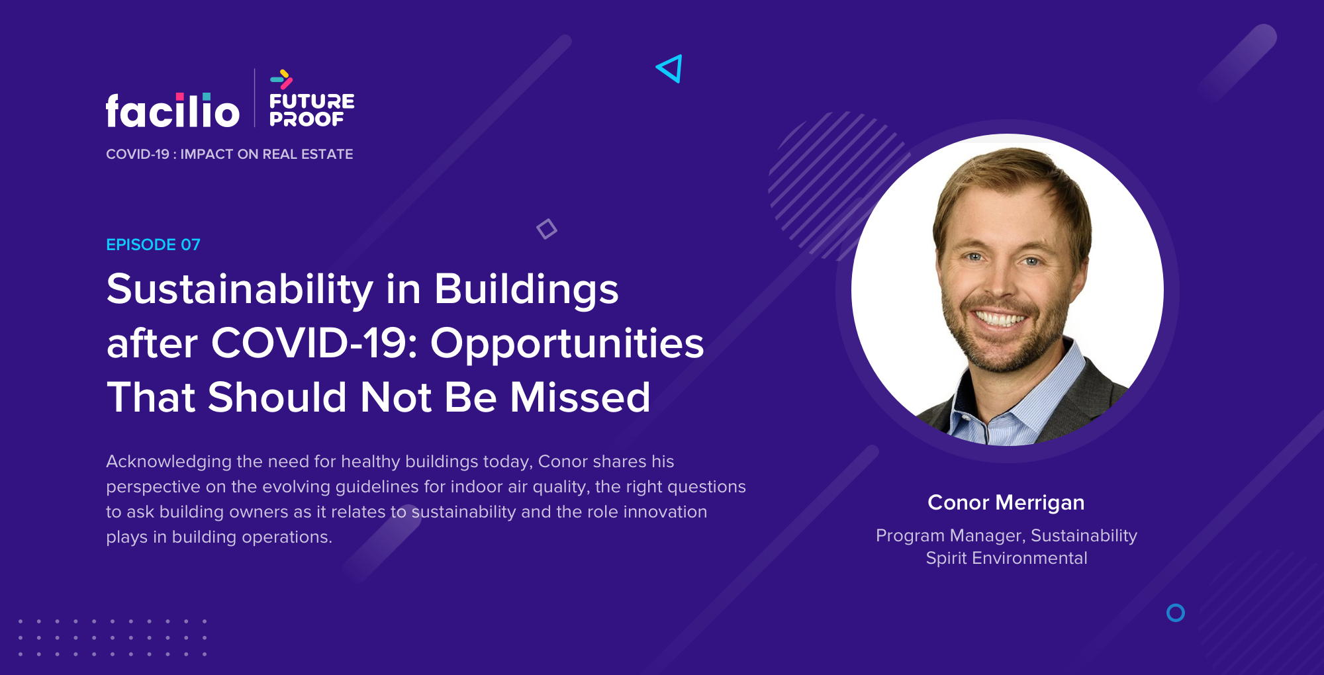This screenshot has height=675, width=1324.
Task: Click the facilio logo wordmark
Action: [x=172, y=110]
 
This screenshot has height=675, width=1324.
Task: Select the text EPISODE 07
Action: [x=153, y=245]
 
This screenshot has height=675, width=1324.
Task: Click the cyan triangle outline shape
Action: [x=669, y=69]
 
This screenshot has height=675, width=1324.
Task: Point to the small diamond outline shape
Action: [x=547, y=229]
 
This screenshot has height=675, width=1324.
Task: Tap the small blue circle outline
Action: [x=1176, y=613]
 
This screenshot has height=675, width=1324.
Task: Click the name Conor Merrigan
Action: [x=1006, y=502]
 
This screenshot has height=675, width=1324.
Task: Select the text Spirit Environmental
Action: [x=1006, y=558]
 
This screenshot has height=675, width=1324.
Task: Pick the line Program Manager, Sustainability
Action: [x=1006, y=535]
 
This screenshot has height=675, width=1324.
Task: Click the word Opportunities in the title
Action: [x=567, y=344]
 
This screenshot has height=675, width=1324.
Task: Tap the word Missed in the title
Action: [x=580, y=397]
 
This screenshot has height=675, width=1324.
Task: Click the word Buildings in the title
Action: [x=526, y=290]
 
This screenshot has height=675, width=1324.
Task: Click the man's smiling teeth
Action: [x=1001, y=320]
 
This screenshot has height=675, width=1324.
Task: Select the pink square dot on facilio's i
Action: [x=179, y=97]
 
